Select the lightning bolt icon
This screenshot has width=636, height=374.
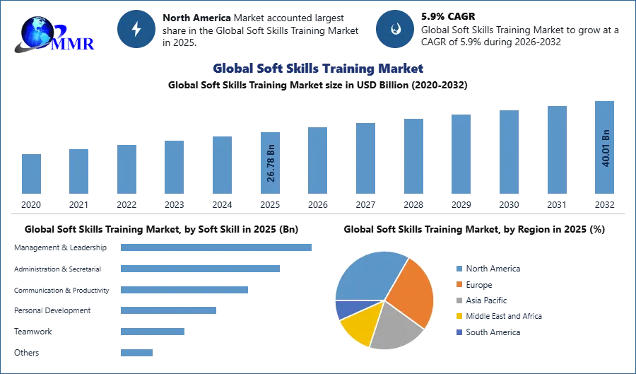coord(136,29)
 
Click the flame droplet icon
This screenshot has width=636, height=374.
coord(395,29)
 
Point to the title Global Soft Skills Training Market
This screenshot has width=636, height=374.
coord(317,69)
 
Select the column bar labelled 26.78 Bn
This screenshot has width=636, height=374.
coord(271,163)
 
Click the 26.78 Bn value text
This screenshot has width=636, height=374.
coord(271,164)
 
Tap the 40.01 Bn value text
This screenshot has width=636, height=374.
coord(606,148)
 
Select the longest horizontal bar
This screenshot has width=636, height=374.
coord(217,248)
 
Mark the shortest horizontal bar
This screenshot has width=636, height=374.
coord(136,350)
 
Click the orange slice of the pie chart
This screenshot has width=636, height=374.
coord(411,290)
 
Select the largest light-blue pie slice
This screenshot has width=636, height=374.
coord(367,276)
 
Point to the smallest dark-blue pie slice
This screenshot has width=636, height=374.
coord(345,308)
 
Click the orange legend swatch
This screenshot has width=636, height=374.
coord(459,284)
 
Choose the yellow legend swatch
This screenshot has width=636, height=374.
coord(459,317)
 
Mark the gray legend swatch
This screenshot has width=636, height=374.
coord(459,300)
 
